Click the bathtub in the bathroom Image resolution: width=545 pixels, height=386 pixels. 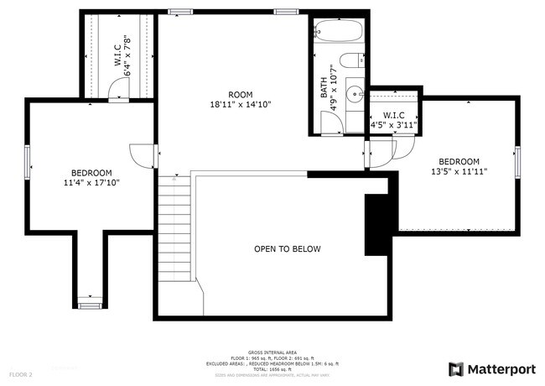[339, 31]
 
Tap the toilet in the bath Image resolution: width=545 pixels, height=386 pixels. [356, 60]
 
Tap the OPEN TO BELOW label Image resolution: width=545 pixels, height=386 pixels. [288, 249]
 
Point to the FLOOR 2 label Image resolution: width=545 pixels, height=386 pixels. [21, 373]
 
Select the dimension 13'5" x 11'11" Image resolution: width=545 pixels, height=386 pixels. [459, 171]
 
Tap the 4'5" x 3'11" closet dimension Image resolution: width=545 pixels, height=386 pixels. [394, 126]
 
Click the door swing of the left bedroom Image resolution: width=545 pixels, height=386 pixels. [141, 154]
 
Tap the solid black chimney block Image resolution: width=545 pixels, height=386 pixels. [375, 224]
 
